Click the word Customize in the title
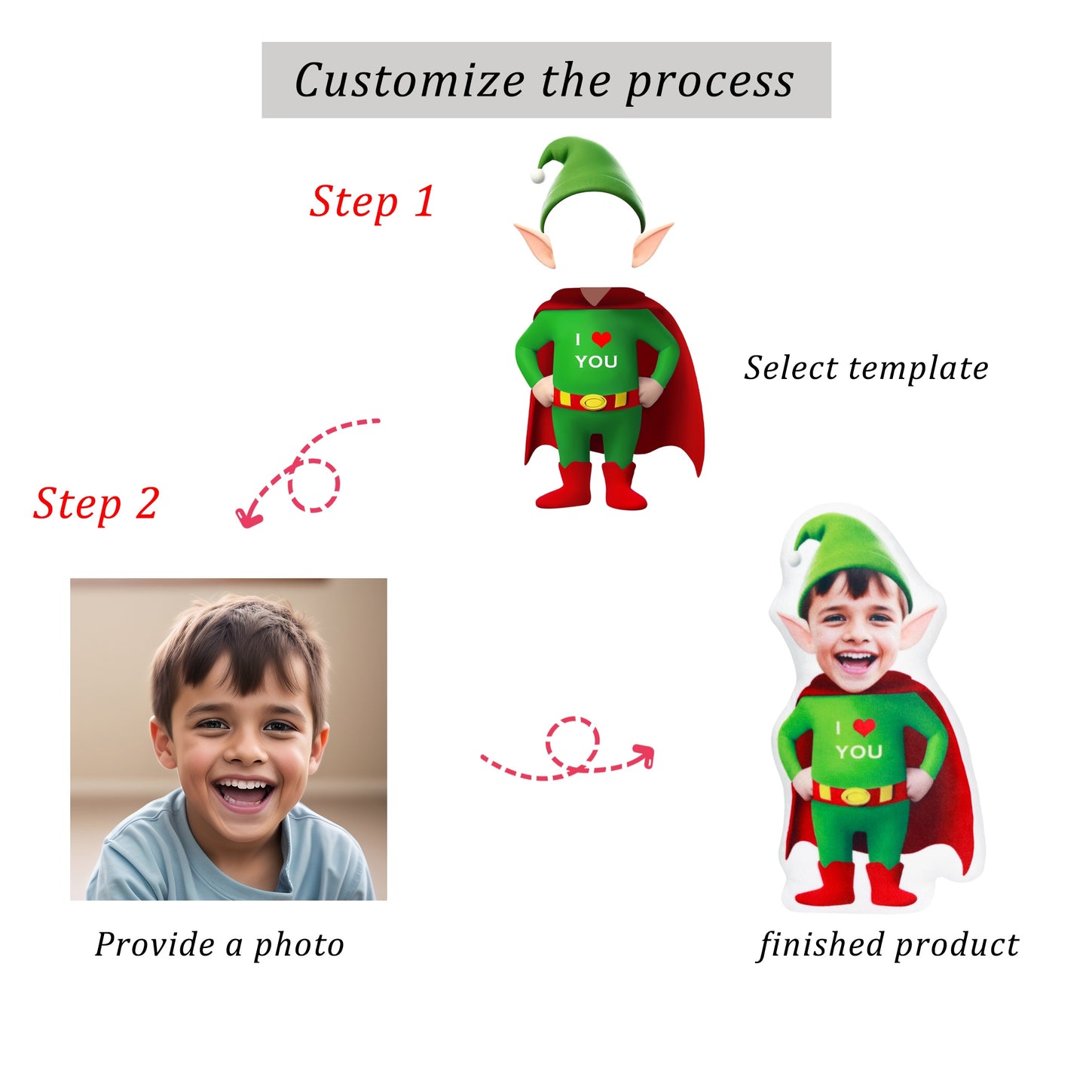tap(410, 80)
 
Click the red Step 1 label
tap(372, 202)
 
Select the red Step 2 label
tap(96, 503)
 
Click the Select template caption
tap(866, 369)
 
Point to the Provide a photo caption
tap(219, 945)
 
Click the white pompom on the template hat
tap(537, 176)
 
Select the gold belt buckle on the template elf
tap(593, 402)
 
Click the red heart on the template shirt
tap(601, 338)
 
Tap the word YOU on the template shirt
tap(596, 361)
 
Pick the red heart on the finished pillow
tap(864, 727)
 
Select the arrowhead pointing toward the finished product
tap(644, 756)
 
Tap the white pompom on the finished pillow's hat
tap(794, 559)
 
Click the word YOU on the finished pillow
tap(859, 751)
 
